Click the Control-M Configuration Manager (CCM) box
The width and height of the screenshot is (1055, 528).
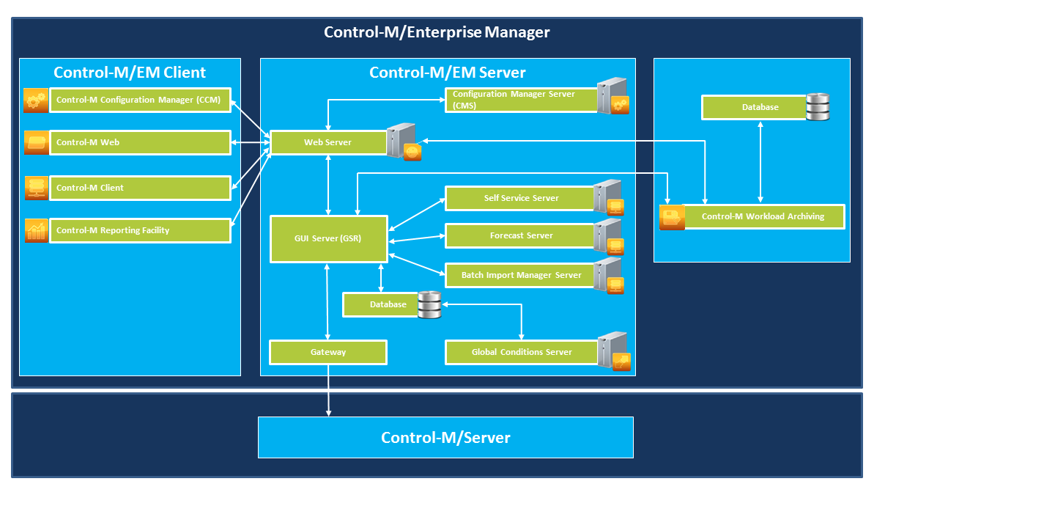click(x=141, y=100)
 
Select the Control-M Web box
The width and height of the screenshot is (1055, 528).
click(x=141, y=142)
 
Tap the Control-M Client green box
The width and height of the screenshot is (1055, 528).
click(x=141, y=188)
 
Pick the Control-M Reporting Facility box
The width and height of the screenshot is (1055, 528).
click(x=141, y=230)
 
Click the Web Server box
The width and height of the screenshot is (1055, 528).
click(x=329, y=142)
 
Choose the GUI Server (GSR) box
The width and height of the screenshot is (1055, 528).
click(x=329, y=239)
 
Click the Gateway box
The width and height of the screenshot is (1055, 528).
click(x=328, y=352)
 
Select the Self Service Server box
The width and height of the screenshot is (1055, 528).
click(x=520, y=199)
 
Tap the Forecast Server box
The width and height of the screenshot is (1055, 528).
click(x=520, y=235)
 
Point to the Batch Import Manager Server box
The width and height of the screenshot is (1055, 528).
click(x=520, y=275)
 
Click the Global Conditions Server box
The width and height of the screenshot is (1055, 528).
click(x=522, y=352)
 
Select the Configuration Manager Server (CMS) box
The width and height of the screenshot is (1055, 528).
click(x=522, y=100)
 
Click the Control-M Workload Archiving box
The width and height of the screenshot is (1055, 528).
click(x=763, y=217)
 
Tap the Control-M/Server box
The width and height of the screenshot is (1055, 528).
click(x=445, y=438)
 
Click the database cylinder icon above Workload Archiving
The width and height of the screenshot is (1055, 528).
click(x=818, y=107)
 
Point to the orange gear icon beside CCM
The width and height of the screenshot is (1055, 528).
click(x=36, y=100)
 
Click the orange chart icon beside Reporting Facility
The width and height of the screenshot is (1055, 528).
click(x=37, y=230)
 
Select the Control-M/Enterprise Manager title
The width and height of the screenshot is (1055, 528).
click(x=437, y=32)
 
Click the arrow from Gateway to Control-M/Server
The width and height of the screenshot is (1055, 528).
click(x=328, y=391)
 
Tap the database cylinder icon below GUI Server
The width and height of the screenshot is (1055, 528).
click(x=429, y=304)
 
